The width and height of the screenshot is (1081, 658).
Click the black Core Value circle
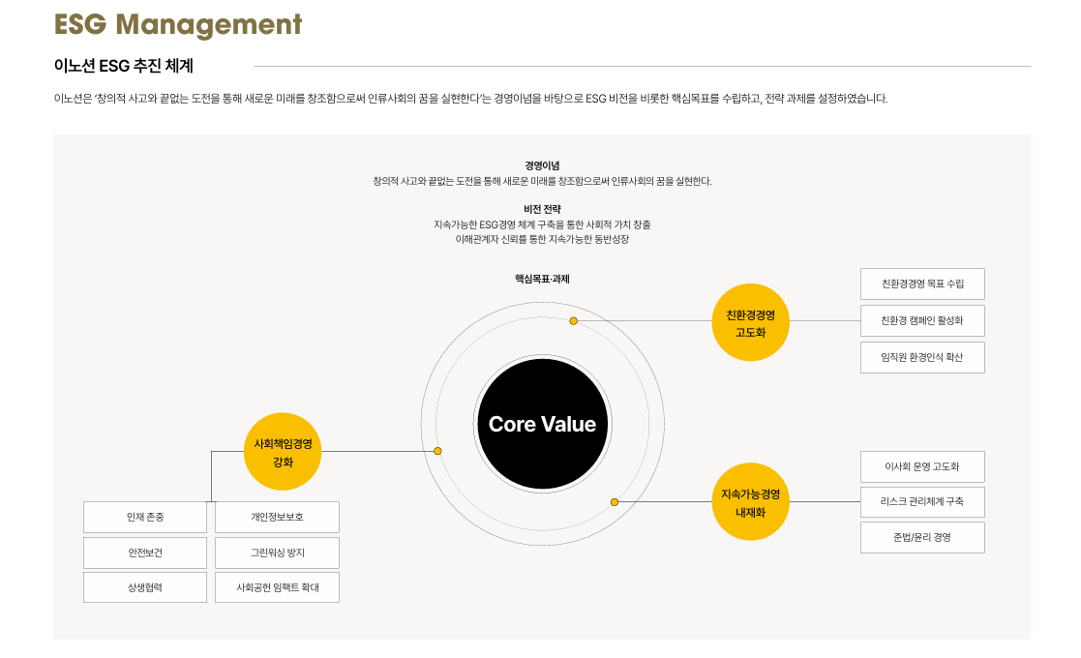(x=542, y=424)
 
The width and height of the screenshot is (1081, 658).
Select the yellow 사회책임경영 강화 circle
(x=283, y=452)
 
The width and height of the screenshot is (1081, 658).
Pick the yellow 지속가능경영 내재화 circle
(x=750, y=502)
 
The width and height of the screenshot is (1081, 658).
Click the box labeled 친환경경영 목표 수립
(x=922, y=284)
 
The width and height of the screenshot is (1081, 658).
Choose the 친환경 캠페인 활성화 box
(x=922, y=320)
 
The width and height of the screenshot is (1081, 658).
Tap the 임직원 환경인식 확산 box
(x=922, y=357)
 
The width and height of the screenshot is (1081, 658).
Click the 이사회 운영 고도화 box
(x=922, y=466)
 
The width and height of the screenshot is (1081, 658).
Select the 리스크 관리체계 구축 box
(x=922, y=502)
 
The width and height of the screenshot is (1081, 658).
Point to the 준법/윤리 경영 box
(x=922, y=537)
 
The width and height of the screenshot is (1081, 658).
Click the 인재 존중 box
(x=145, y=517)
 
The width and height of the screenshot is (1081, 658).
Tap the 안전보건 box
(x=145, y=553)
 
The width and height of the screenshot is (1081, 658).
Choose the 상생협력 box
(x=145, y=587)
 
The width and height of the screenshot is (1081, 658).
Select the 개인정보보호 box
(x=277, y=517)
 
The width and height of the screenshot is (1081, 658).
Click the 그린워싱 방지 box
(x=277, y=553)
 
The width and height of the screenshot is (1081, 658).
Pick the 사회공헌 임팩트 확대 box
(x=277, y=587)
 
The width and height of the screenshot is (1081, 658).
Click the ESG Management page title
(x=178, y=24)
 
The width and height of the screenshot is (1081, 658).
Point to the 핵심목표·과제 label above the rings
(x=542, y=279)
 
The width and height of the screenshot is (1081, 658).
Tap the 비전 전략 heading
(x=542, y=209)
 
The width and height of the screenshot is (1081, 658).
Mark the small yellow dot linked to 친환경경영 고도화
(x=573, y=320)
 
